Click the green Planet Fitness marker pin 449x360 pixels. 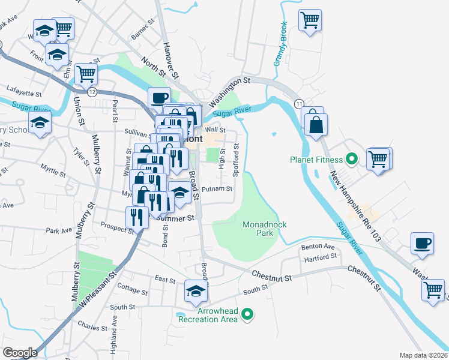352,160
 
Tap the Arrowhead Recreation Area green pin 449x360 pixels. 252,314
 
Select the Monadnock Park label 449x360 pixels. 265,228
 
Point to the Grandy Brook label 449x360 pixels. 279,45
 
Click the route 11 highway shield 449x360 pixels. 298,104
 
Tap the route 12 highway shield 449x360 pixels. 91,92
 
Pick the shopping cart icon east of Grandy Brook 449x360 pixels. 310,20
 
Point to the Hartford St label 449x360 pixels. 321,257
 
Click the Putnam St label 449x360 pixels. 217,189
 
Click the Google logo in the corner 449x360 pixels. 20,353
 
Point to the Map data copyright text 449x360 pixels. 424,355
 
